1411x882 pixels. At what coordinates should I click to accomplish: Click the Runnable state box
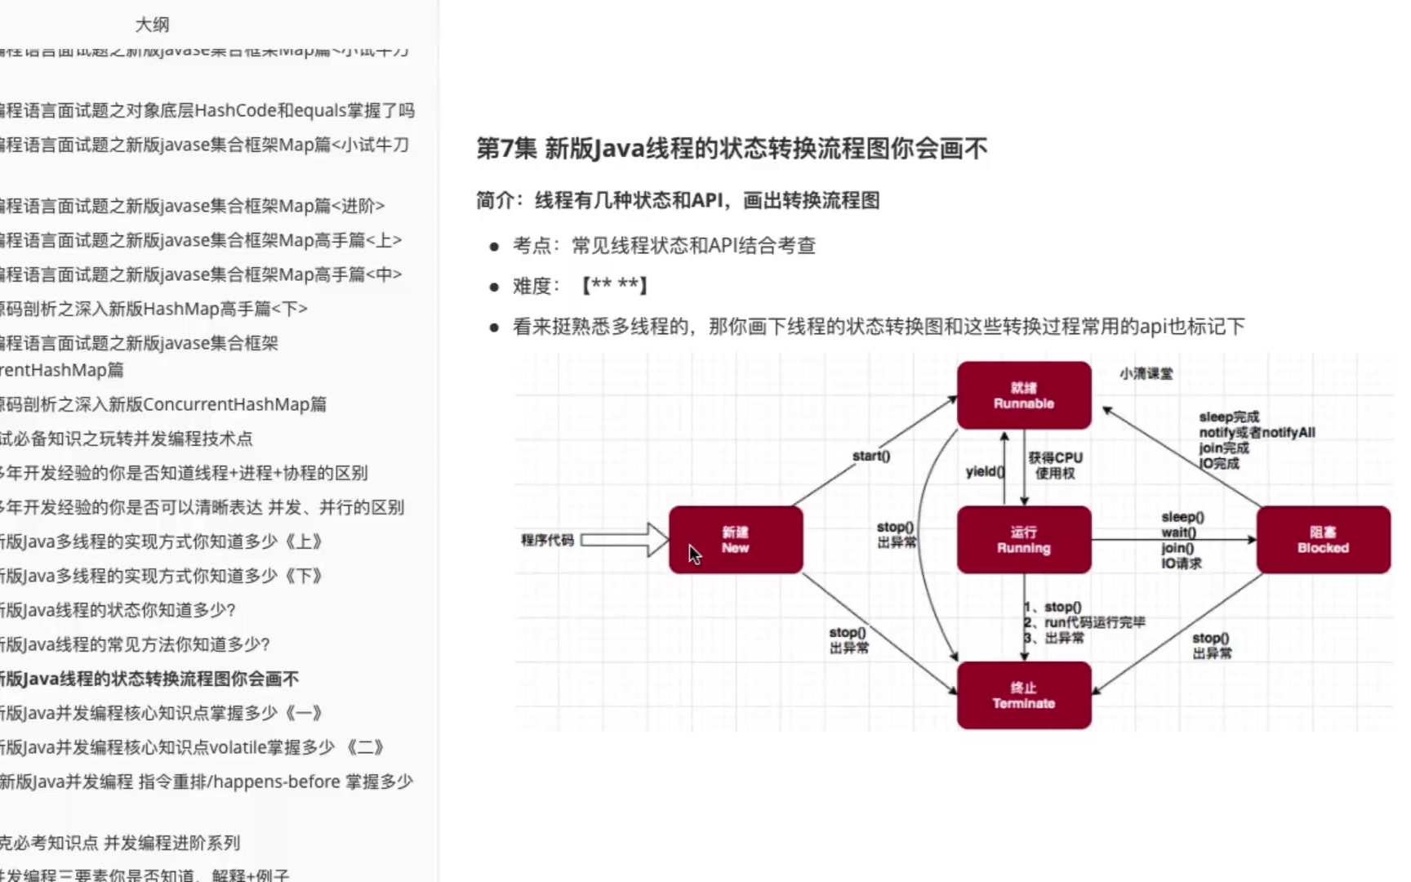1023,395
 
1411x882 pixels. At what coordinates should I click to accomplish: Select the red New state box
735,540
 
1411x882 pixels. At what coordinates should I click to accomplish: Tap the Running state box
1023,540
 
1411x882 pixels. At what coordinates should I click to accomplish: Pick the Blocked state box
1323,540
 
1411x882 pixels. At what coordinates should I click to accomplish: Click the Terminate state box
1023,695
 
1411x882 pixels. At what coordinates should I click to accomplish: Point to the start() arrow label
870,456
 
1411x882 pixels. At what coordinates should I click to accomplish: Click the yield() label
984,471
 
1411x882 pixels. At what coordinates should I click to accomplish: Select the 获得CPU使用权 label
1055,465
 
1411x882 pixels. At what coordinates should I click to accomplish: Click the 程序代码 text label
547,540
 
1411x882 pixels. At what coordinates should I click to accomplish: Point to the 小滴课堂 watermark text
1146,373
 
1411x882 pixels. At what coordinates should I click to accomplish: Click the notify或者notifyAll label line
1257,432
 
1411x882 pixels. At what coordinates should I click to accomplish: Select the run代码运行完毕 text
1094,622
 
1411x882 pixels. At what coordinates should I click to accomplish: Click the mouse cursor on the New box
694,555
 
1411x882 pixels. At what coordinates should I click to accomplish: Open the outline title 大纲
152,24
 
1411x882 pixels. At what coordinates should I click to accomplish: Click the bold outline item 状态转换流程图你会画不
150,679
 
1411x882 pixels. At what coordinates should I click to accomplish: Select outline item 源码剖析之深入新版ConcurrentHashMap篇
163,404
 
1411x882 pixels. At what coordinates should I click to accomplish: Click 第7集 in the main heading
506,149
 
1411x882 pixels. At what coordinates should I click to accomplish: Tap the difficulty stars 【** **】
614,286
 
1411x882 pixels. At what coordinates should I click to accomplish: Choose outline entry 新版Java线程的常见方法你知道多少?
136,644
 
